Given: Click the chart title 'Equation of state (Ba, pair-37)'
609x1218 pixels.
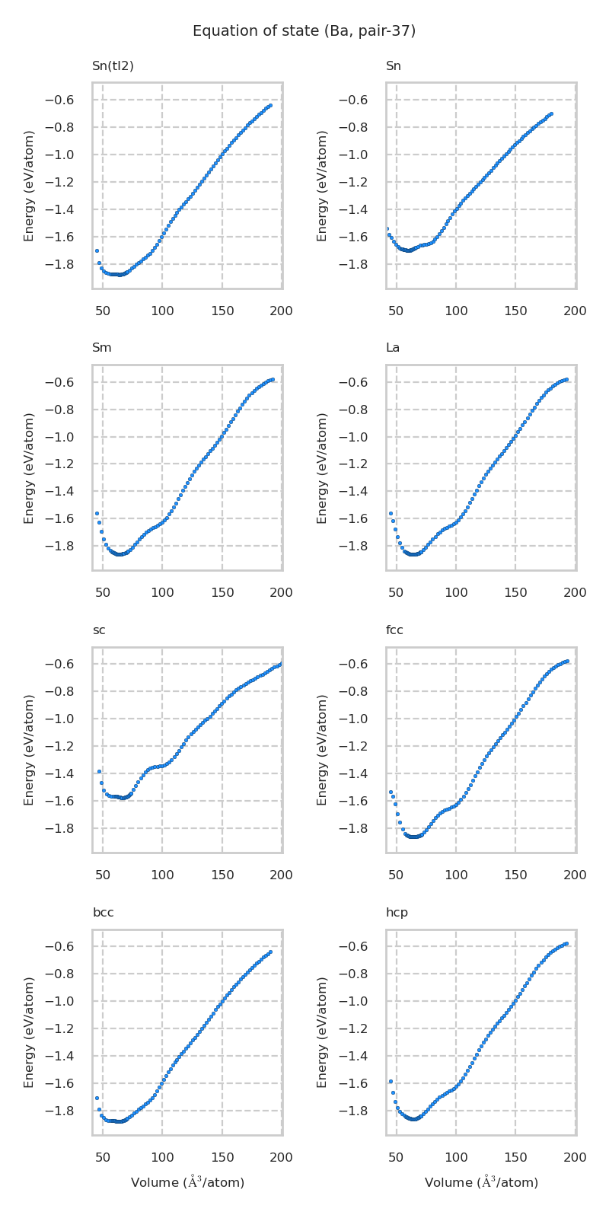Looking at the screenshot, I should tap(304, 31).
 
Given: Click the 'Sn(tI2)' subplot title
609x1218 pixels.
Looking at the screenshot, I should tap(113, 66).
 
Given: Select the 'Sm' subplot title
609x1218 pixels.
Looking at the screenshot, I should tap(102, 348).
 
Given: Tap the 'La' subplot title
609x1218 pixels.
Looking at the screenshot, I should tap(393, 348).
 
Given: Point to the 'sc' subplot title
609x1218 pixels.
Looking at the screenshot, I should tap(99, 630).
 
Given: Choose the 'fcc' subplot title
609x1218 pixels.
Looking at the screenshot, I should tap(394, 630).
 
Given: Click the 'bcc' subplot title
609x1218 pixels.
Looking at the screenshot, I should tap(103, 913).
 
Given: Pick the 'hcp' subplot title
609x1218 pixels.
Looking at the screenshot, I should tap(397, 913).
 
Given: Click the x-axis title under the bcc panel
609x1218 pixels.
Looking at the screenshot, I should tap(187, 1182).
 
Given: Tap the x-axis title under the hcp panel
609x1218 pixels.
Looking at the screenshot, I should tap(481, 1182).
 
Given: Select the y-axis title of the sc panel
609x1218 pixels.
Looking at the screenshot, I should tap(30, 750).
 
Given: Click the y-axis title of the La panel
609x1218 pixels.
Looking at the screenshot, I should tap(323, 468).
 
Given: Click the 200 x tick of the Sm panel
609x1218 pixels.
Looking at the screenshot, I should tap(282, 593).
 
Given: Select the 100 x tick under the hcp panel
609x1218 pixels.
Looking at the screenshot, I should tap(456, 1158).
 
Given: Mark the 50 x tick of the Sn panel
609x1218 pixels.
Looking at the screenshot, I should tap(397, 311).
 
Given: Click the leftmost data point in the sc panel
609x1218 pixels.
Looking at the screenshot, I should tap(99, 772).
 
